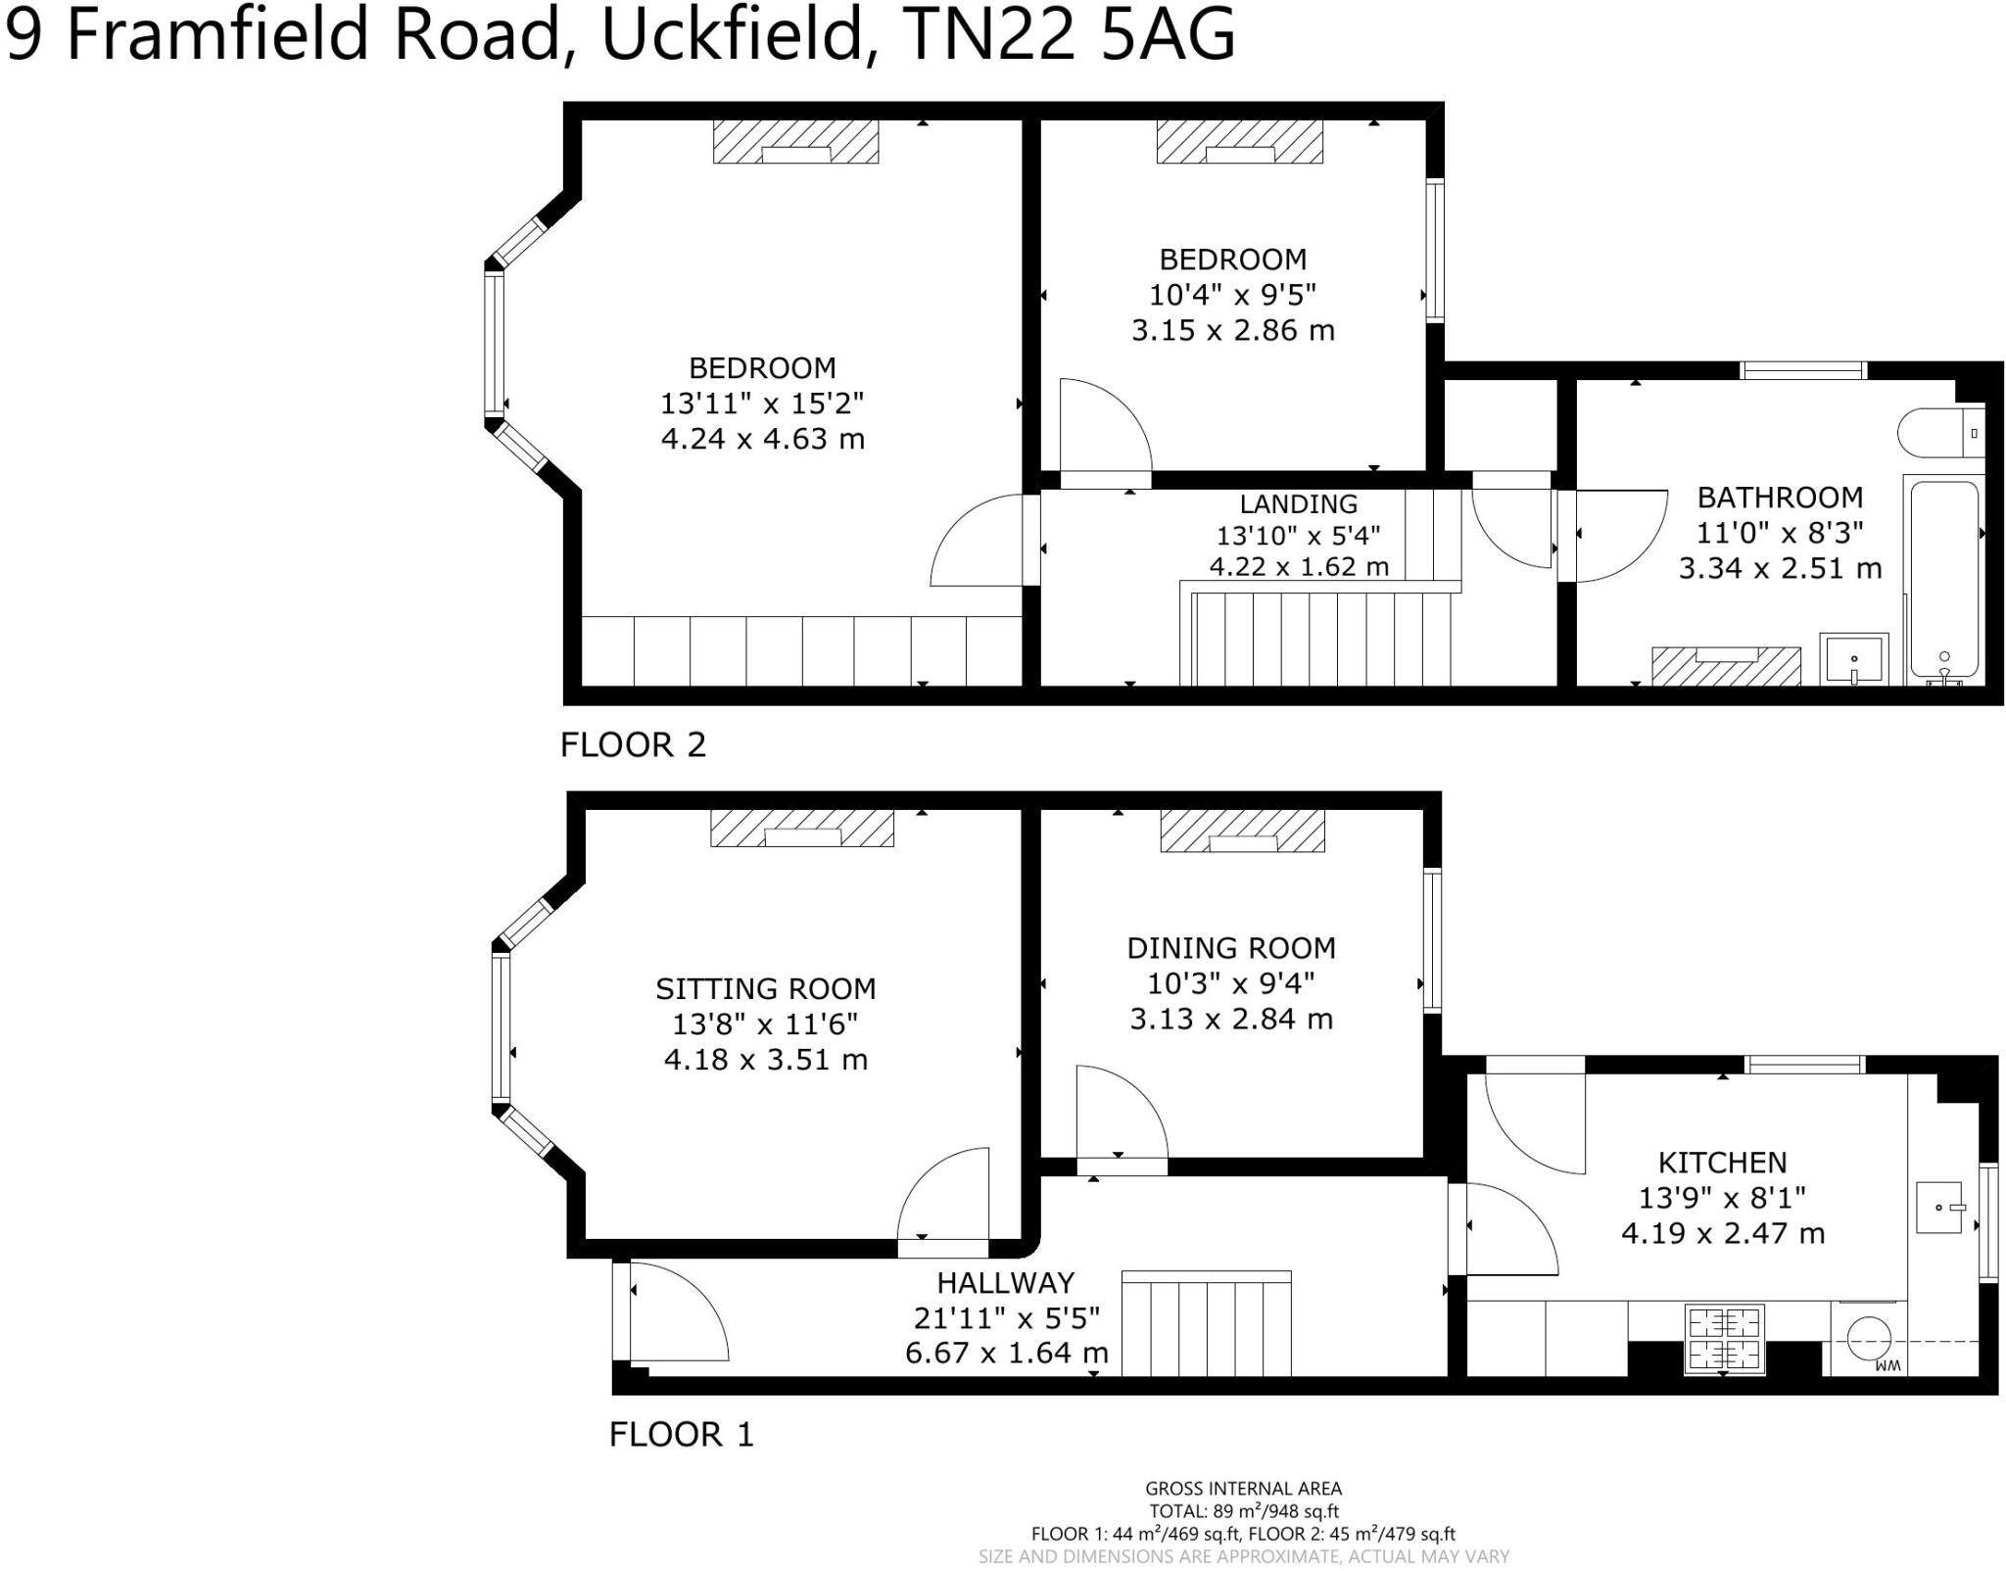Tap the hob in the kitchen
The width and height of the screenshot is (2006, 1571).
[1724, 1338]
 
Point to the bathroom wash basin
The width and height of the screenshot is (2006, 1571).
[1853, 658]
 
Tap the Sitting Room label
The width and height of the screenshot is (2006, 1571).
[766, 989]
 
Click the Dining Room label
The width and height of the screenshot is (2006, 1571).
[1231, 948]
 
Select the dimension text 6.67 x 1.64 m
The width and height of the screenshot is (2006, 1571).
[1007, 1353]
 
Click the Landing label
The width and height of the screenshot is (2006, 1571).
[1299, 503]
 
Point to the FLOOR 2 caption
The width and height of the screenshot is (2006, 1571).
[633, 745]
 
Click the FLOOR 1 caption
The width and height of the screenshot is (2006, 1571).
[682, 1435]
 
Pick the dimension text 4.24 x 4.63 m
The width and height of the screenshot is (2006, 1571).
[763, 438]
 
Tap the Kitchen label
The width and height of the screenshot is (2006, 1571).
[1723, 1163]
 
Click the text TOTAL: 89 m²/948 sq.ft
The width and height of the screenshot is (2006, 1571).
[1244, 1511]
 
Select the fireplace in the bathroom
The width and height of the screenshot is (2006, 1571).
[1726, 666]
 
